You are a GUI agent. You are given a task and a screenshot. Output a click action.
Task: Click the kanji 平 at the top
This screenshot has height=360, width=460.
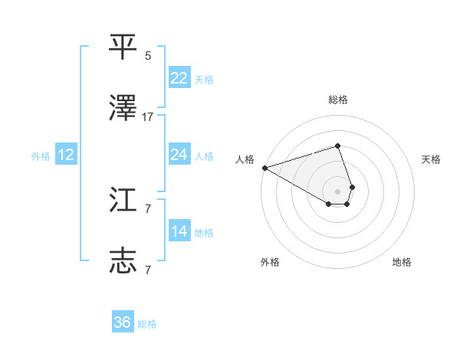click(x=123, y=46)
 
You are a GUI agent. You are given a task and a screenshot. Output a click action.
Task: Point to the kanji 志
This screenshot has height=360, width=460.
click(x=123, y=260)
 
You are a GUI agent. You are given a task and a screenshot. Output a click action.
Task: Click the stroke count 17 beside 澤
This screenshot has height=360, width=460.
click(x=148, y=117)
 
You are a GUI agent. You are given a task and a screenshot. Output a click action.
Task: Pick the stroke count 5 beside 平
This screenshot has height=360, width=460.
click(x=148, y=55)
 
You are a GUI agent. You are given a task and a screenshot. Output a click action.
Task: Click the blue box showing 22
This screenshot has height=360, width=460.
click(x=179, y=77)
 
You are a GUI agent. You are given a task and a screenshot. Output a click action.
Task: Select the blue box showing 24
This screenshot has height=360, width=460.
click(x=179, y=155)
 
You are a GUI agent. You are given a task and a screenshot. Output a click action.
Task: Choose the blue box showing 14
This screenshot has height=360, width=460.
click(x=179, y=231)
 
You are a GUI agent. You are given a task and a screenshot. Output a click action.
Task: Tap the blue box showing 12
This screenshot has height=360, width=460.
click(x=66, y=155)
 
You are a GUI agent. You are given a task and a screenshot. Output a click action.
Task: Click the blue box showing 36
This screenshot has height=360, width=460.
click(x=123, y=322)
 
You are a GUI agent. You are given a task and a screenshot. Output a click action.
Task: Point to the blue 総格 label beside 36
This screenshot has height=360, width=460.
click(x=147, y=324)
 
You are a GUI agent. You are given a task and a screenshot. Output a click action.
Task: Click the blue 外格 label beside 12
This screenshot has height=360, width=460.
click(x=41, y=156)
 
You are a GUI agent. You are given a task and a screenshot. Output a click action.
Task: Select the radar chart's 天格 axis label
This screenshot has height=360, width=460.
click(x=431, y=159)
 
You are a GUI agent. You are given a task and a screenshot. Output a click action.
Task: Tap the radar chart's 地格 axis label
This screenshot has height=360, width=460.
click(x=402, y=262)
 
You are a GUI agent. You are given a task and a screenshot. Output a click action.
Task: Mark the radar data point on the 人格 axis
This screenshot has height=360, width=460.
click(x=264, y=167)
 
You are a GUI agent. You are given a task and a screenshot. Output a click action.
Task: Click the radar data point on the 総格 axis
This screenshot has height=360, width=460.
click(x=337, y=146)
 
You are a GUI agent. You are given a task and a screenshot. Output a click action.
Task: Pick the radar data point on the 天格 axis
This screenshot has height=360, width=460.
click(x=352, y=186)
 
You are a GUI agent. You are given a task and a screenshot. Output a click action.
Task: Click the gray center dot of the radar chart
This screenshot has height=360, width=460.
click(x=337, y=191)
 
